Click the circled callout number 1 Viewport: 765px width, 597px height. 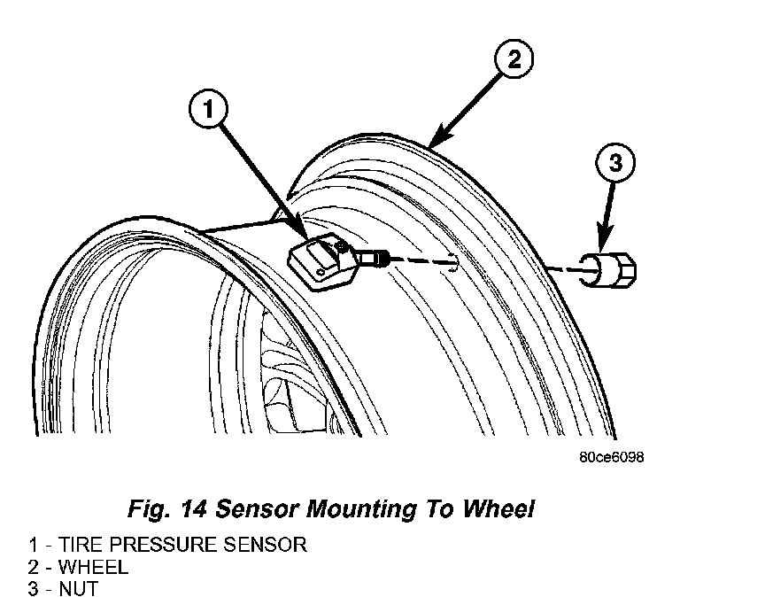pos(208,109)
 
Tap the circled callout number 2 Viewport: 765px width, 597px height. pos(514,60)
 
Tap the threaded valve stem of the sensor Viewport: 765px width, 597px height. pos(375,259)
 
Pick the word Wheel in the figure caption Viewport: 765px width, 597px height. pos(502,509)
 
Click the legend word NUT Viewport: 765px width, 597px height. pos(78,588)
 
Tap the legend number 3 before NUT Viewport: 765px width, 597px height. pos(32,588)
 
